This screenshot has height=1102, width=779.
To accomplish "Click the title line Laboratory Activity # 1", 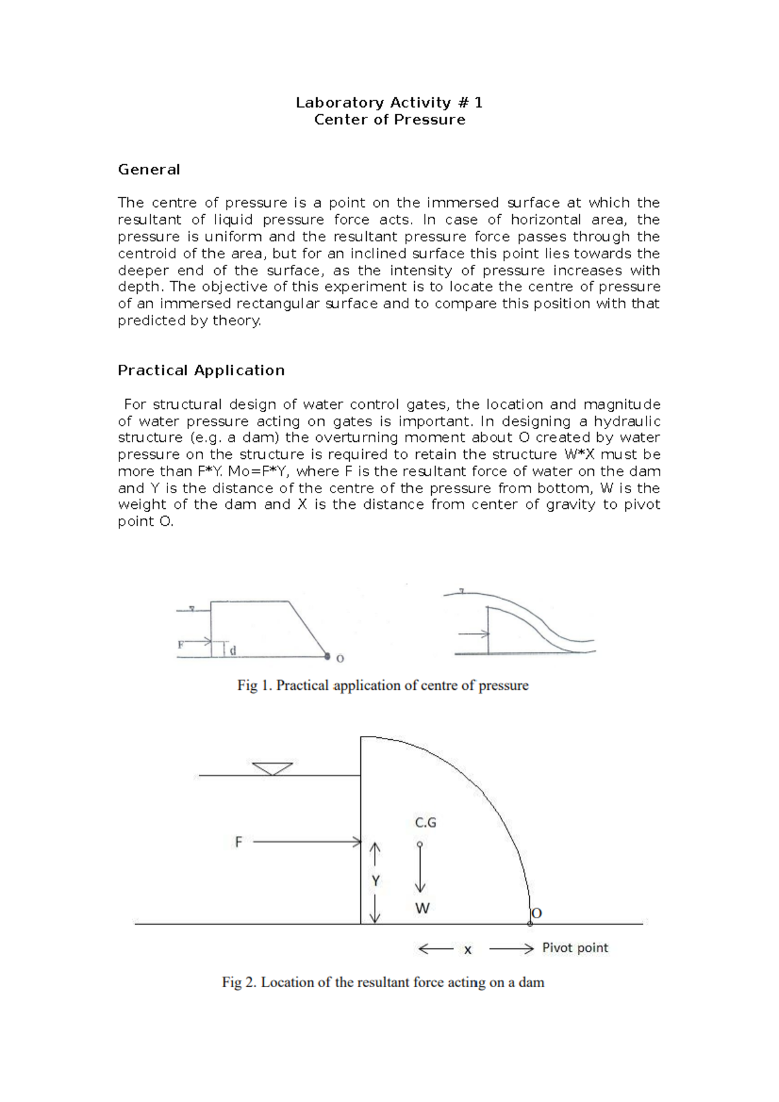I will pos(389,103).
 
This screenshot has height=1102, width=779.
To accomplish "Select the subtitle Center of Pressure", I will pos(389,119).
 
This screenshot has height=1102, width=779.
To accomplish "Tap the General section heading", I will pos(149,169).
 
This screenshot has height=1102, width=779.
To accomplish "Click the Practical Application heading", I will pos(201,370).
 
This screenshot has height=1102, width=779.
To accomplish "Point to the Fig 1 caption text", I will pos(382,685).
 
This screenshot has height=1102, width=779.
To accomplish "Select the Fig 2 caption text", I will pos(382,982).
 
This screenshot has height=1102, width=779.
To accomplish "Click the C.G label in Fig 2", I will pos(425,822).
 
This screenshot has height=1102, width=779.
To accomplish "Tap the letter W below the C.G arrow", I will pos(422,909).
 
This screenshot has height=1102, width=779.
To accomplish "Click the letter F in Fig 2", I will pos(238,842).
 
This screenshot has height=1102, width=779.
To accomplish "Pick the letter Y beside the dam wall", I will pos(375,881).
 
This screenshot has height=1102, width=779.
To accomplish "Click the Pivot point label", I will pos(575,948).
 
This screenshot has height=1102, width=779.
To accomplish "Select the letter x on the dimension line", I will pos(467,950).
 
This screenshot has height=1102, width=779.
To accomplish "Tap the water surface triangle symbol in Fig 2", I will pos(272,768).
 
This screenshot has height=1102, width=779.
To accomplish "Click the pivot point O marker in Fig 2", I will pos(530,922).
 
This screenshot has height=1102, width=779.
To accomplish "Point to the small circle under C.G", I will pos(419,844).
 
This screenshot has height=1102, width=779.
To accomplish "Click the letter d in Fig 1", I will pos(233,650).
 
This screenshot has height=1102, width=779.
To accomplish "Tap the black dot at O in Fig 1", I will pos(327,657).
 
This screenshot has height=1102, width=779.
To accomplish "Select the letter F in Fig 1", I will pos(180,644).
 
